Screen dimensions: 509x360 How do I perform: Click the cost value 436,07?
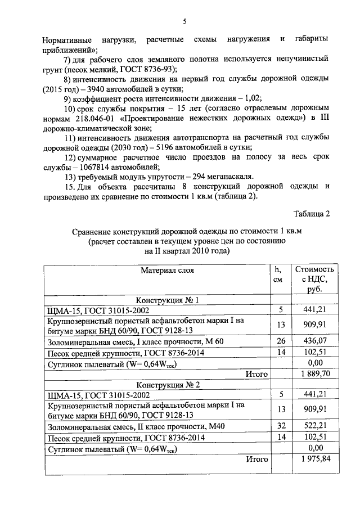point(314,341)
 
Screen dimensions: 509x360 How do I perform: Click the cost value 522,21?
point(314,427)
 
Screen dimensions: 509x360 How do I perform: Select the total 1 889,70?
point(314,373)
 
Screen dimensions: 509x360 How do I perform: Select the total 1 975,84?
point(314,459)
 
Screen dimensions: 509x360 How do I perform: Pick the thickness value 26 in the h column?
point(281,341)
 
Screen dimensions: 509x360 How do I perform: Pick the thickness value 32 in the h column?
point(281,427)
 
